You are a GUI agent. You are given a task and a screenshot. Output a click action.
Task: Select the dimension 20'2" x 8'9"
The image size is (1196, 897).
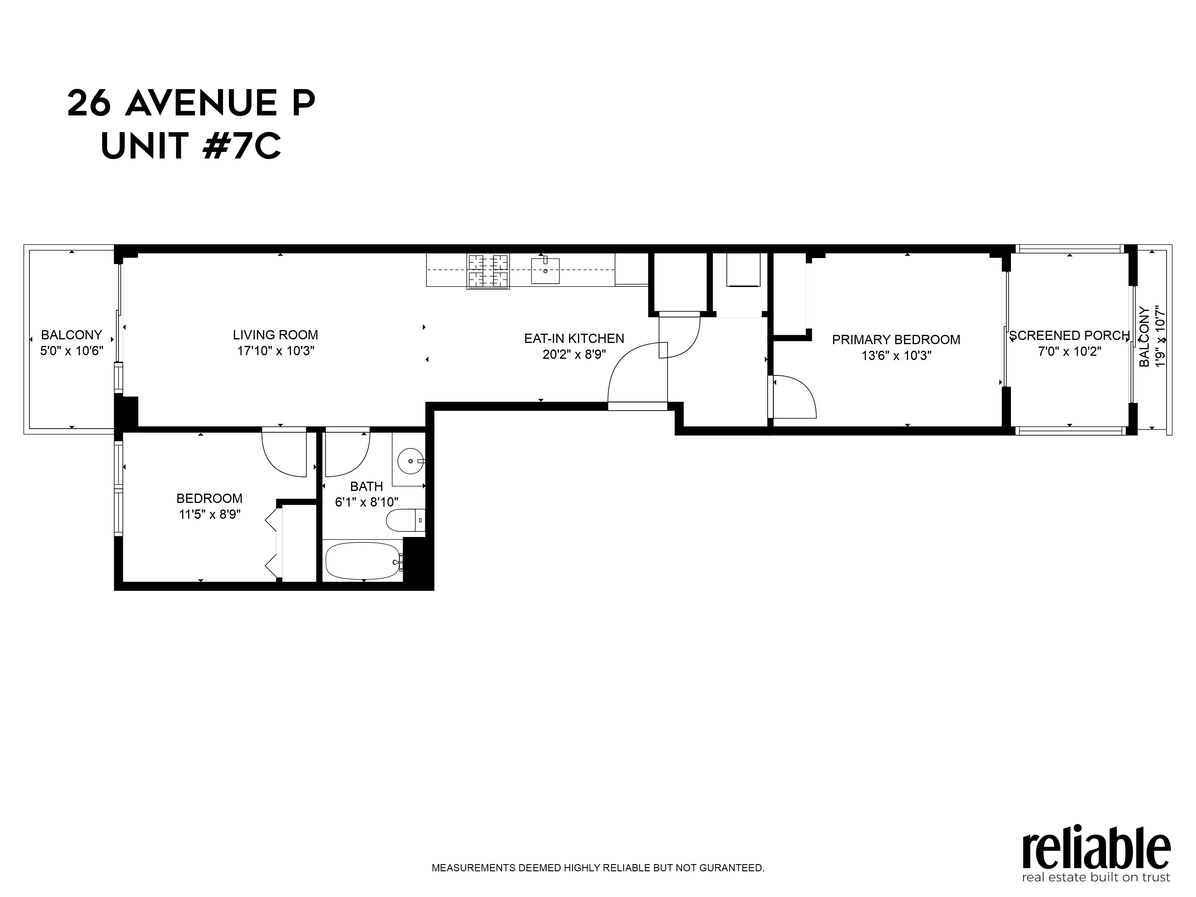(x=574, y=355)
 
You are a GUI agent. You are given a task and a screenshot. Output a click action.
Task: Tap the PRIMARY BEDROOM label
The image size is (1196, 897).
(x=896, y=340)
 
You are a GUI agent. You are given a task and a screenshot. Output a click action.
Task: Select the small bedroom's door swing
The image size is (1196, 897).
(x=284, y=453)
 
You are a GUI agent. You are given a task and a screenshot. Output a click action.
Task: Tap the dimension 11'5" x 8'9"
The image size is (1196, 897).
(x=209, y=514)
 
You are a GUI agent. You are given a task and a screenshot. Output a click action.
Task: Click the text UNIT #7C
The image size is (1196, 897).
(x=191, y=146)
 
